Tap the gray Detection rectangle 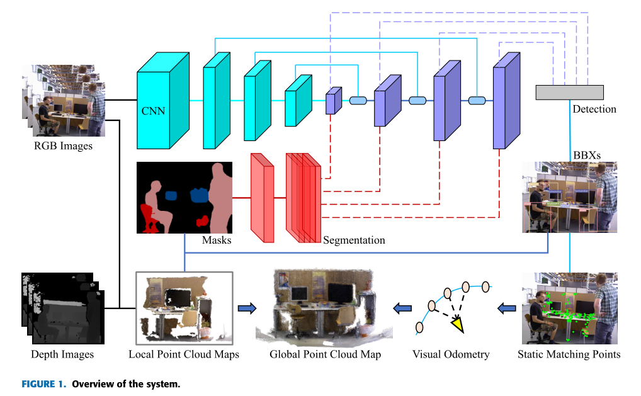(569, 92)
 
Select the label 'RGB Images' (63, 146)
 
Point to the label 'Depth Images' (62, 354)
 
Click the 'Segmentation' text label (354, 240)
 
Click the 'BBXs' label (587, 154)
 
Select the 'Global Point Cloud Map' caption (325, 354)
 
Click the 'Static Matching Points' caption (569, 354)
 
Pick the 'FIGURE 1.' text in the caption (45, 383)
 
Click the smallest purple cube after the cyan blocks (332, 101)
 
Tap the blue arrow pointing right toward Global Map (247, 308)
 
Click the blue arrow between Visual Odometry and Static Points (506, 308)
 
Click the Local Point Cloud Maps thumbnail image (184, 305)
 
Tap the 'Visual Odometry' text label (450, 354)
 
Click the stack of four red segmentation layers (303, 198)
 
